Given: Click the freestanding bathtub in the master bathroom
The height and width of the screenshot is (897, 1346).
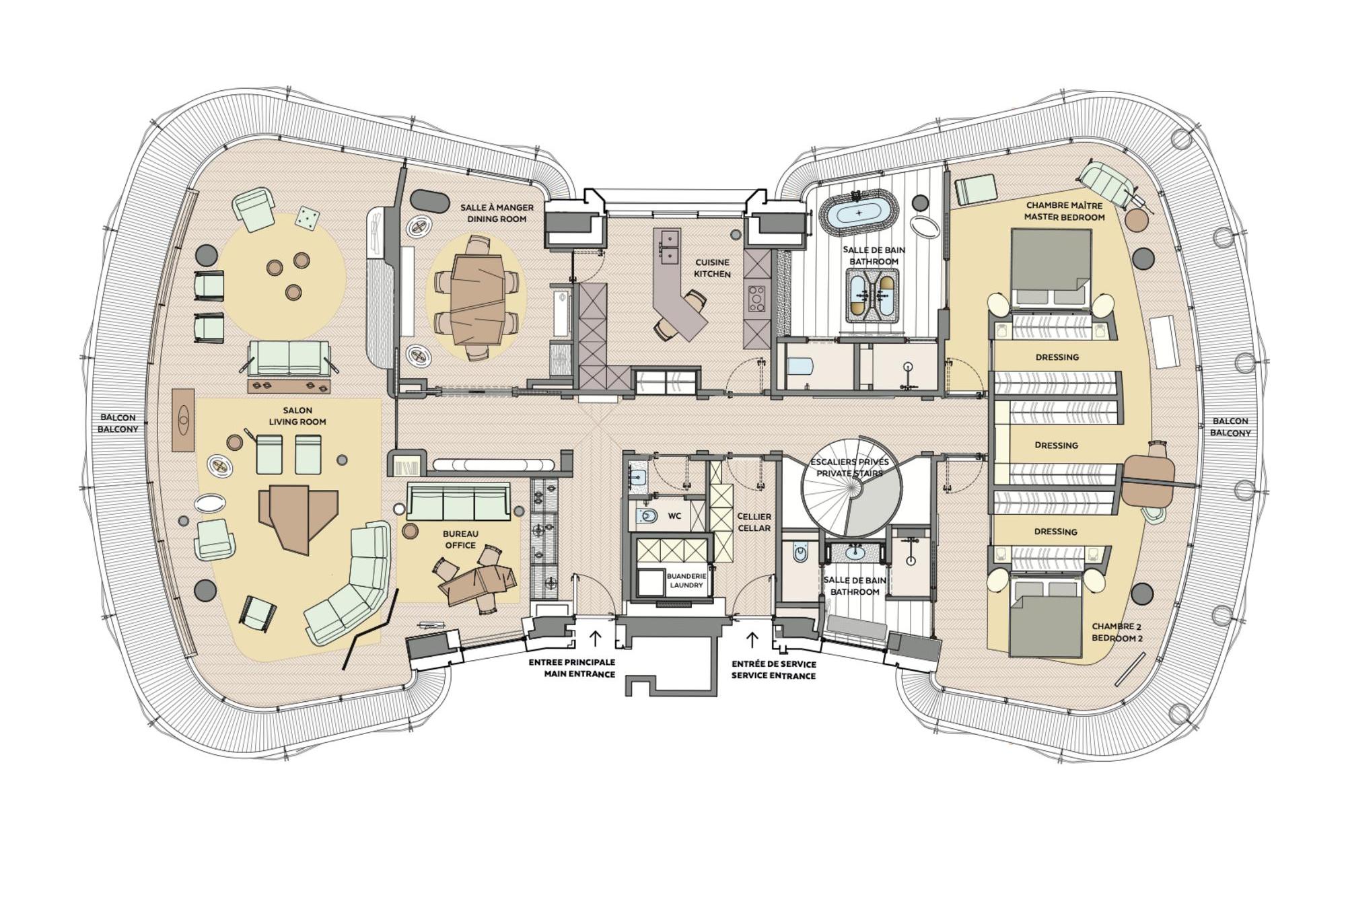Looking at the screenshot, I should pyautogui.click(x=858, y=213).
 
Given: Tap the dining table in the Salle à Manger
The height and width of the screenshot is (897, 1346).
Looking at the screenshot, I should pyautogui.click(x=477, y=297).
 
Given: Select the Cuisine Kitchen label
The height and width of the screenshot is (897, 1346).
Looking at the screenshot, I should pyautogui.click(x=712, y=268).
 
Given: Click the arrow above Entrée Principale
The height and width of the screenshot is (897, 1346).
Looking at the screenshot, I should pyautogui.click(x=595, y=638).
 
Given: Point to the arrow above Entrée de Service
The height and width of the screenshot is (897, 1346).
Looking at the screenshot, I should pyautogui.click(x=752, y=639).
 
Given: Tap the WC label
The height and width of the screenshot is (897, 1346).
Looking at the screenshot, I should pyautogui.click(x=674, y=516).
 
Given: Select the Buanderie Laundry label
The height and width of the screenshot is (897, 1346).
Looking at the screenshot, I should pyautogui.click(x=686, y=581).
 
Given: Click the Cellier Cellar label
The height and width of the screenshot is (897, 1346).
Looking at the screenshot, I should pyautogui.click(x=754, y=522).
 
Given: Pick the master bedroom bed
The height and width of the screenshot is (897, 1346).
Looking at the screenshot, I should pyautogui.click(x=1051, y=268).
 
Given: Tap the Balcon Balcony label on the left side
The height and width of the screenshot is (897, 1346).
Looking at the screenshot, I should pyautogui.click(x=118, y=423).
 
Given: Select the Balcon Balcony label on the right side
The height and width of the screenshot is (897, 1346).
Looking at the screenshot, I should pyautogui.click(x=1230, y=427).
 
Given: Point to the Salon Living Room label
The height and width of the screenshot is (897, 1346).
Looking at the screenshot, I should pyautogui.click(x=297, y=416).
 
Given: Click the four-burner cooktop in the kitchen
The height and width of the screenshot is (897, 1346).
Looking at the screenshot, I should pyautogui.click(x=756, y=298).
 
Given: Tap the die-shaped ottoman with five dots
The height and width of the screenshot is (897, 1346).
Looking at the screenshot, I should pyautogui.click(x=308, y=217).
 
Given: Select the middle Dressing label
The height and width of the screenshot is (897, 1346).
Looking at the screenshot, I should pyautogui.click(x=1056, y=445).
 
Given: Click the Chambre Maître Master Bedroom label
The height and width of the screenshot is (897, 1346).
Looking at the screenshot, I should pyautogui.click(x=1064, y=211).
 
